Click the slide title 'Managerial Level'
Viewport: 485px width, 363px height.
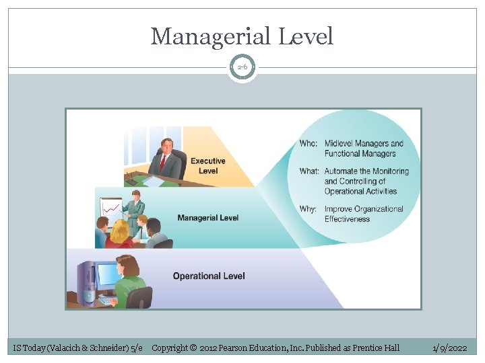tap(242, 36)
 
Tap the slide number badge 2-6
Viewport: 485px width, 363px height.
tap(242, 67)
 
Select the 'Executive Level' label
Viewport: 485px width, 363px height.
tap(208, 165)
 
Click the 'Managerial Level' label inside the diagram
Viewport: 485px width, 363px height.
tap(207, 218)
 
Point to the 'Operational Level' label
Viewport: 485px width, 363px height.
tap(209, 276)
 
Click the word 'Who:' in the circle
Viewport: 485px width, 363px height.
tap(309, 143)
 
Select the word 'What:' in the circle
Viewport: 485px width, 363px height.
tap(310, 171)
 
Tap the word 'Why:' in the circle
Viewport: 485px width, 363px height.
tap(308, 209)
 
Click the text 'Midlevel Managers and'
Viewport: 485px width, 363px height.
tap(364, 143)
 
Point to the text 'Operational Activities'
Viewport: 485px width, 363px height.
tap(361, 191)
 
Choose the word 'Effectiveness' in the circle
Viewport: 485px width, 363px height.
tap(347, 219)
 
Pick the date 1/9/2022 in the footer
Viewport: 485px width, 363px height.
tap(449, 348)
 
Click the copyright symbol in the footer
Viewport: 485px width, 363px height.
tap(193, 348)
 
